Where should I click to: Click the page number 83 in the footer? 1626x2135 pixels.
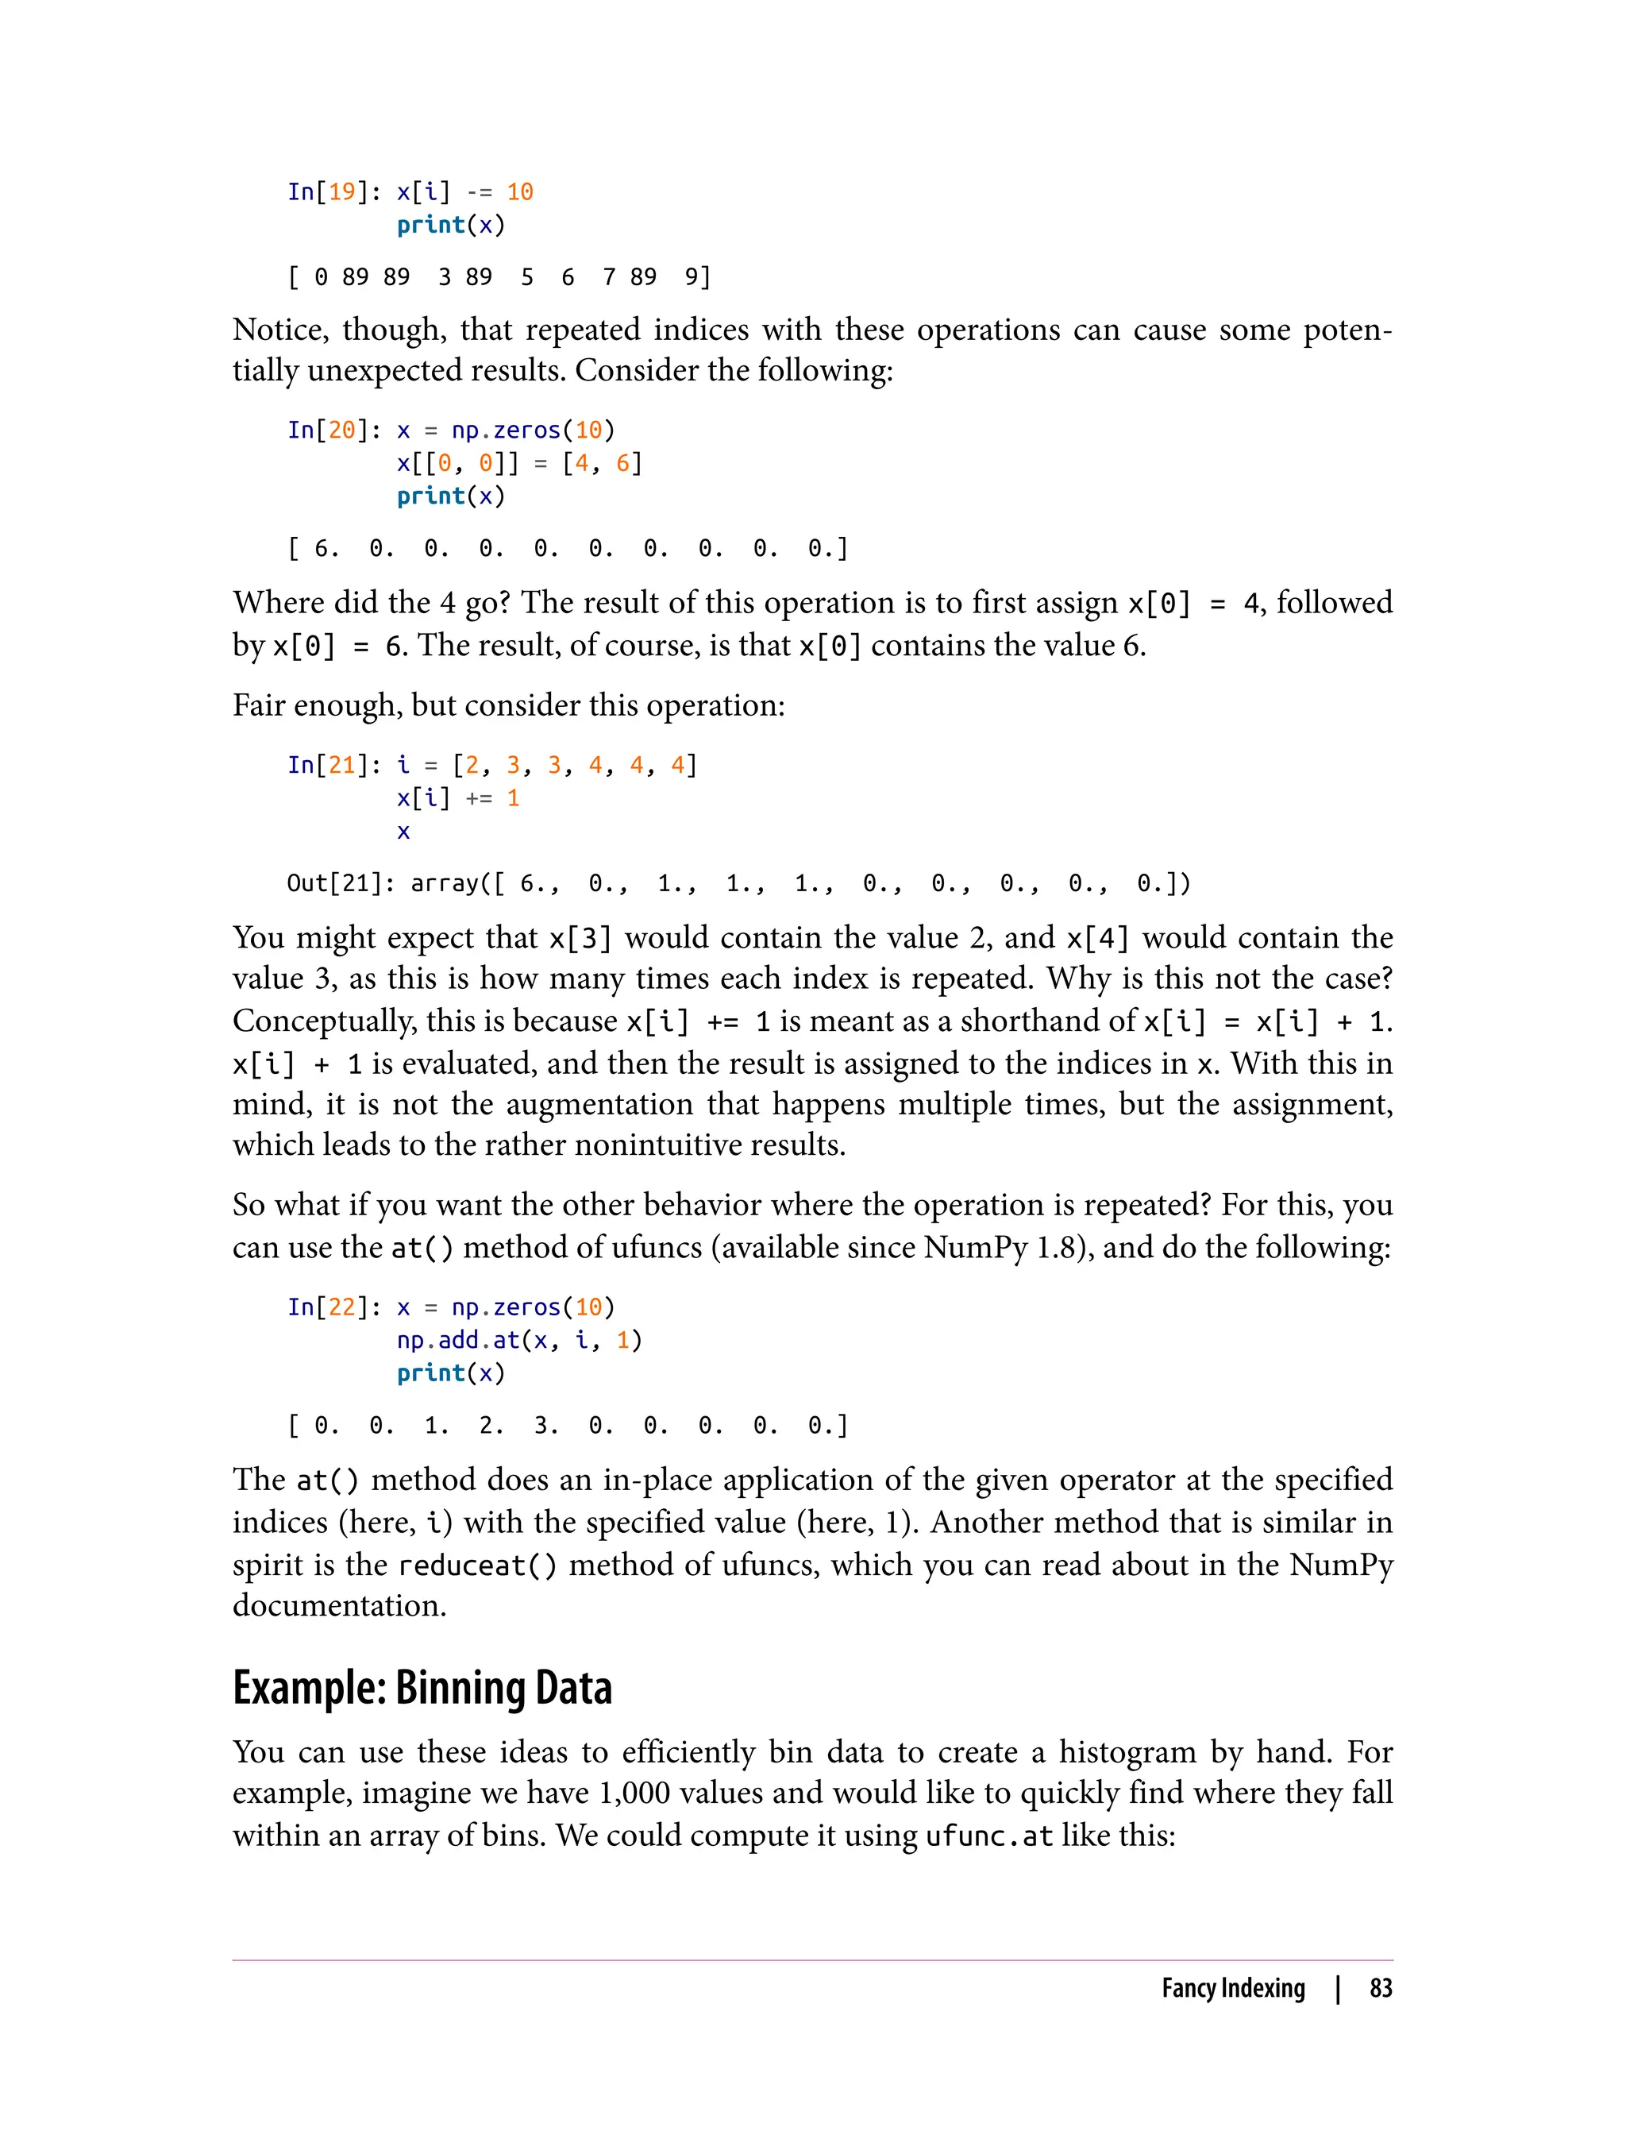tap(1380, 1988)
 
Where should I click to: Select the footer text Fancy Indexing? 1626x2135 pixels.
tap(1232, 1988)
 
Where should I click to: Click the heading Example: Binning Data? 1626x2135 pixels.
tap(422, 1688)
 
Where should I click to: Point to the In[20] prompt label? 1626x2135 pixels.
tap(328, 430)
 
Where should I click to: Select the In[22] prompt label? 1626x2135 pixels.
tap(328, 1307)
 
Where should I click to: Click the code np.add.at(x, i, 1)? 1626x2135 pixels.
tap(518, 1340)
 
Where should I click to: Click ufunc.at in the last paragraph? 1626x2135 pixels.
tap(988, 1836)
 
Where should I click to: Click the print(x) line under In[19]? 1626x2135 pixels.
tap(451, 225)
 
